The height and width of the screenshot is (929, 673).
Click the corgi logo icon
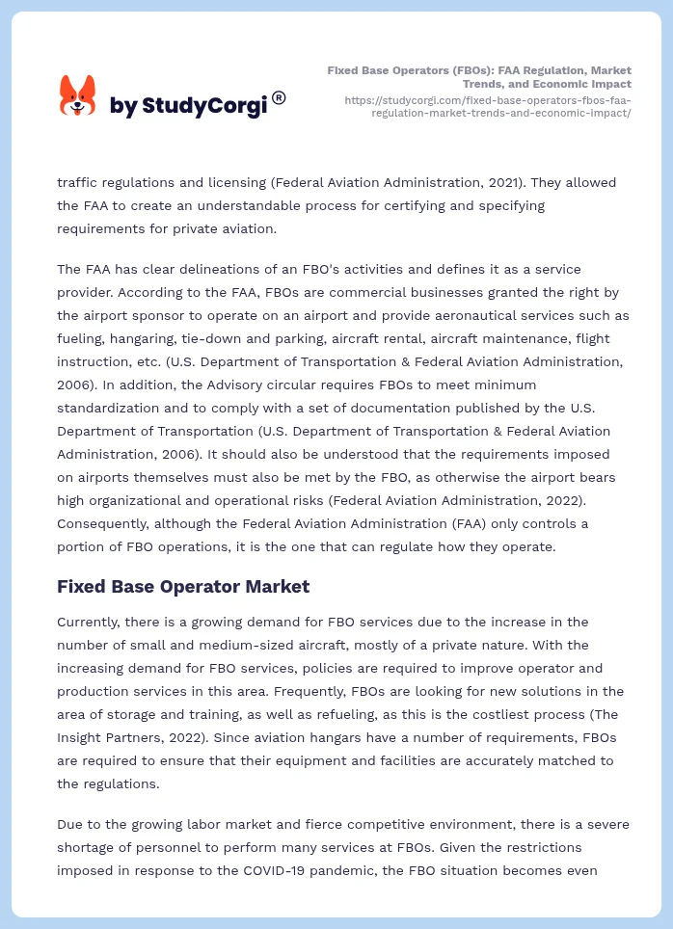tap(78, 96)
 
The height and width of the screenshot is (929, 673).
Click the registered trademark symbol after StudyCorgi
tap(279, 97)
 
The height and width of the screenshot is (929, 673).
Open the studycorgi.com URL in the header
tap(487, 106)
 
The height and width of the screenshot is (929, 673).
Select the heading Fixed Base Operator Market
tap(183, 586)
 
